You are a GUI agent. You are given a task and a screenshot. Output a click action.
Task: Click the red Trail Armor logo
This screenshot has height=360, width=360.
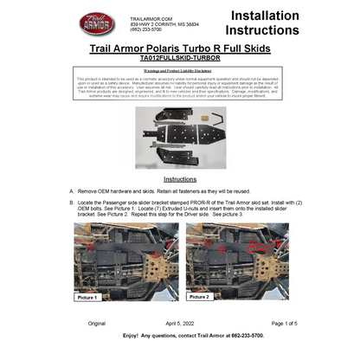(x=93, y=23)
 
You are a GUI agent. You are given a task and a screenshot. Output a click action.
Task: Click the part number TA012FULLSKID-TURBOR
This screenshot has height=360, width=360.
(x=180, y=58)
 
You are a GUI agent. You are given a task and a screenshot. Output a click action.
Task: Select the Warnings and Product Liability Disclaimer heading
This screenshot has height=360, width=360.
(x=180, y=70)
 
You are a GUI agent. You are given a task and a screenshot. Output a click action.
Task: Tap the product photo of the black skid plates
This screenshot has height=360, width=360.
(x=180, y=134)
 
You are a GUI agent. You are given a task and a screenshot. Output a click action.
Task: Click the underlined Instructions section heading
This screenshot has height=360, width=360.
(x=180, y=179)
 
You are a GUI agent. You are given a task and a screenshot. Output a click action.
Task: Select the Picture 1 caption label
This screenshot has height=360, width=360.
(x=88, y=297)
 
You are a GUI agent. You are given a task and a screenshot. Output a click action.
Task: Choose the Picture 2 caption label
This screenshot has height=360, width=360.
(x=199, y=297)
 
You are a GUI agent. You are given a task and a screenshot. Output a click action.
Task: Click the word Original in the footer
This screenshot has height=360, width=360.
(x=96, y=323)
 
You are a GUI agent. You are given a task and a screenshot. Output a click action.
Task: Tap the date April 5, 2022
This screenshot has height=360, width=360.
(x=180, y=323)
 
